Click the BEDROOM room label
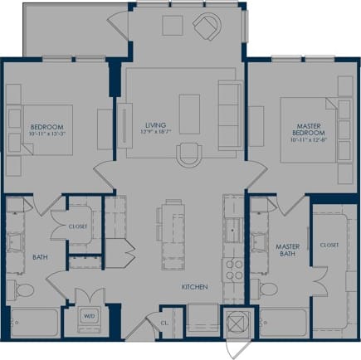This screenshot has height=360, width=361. click(41, 126)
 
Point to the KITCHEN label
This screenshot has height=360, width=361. click(195, 287)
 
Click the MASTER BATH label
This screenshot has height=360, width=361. click(288, 250)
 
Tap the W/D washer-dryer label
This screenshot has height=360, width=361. click(88, 316)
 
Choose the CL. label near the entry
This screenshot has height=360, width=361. click(166, 324)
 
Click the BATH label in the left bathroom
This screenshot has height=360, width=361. click(40, 257)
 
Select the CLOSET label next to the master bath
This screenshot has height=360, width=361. click(329, 245)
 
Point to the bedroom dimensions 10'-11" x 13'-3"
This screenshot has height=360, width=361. click(41, 134)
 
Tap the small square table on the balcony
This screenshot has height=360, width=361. click(172, 26)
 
